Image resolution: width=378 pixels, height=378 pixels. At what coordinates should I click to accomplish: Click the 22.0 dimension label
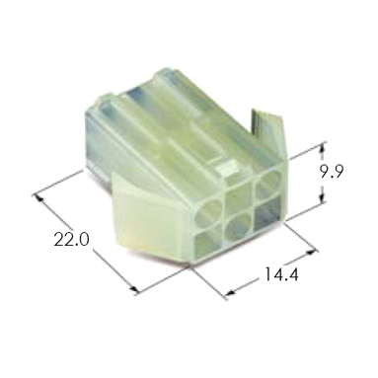(71, 240)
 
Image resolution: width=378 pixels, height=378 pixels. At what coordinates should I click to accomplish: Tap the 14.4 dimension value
(281, 274)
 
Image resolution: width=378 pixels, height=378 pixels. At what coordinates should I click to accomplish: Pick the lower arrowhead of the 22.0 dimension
(134, 289)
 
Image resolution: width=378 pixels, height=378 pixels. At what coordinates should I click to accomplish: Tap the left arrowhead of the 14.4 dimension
(232, 292)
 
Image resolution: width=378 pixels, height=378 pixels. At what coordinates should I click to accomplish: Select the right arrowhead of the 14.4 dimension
(310, 253)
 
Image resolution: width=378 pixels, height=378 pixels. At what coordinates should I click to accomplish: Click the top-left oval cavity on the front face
(208, 213)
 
